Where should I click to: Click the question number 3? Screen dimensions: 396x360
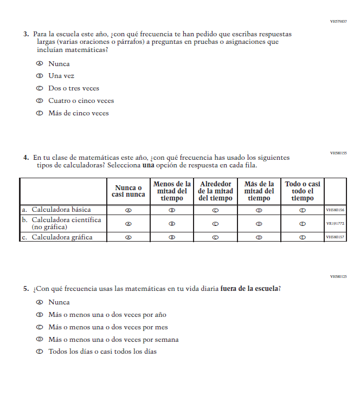pos(25,34)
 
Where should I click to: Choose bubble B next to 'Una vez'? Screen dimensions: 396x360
pos(39,76)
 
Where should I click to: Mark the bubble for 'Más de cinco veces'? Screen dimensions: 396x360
pos(39,113)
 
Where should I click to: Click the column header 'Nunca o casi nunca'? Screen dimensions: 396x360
pos(128,191)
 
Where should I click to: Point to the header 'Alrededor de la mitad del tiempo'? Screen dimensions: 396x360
pos(215,191)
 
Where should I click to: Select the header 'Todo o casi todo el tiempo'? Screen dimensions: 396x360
pos(303,191)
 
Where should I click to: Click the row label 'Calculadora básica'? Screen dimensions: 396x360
pos(61,210)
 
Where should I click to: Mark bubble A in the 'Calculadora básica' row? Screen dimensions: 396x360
pos(128,210)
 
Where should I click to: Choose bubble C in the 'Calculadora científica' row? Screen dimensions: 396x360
pos(215,223)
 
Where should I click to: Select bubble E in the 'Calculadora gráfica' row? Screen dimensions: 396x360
pos(303,237)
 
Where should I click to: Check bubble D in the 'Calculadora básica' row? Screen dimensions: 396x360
pos(259,210)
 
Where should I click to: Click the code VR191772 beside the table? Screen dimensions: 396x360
pos(335,223)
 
